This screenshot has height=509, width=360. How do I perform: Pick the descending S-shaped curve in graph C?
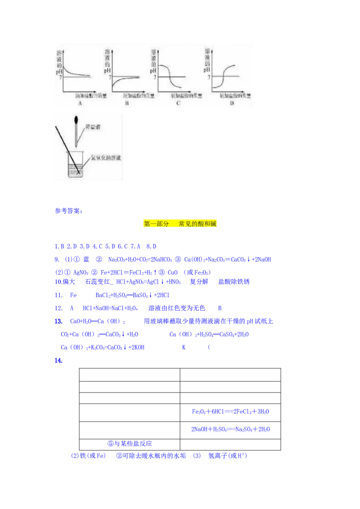[171, 75]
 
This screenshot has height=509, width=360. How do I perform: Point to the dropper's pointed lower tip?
[77, 146]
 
